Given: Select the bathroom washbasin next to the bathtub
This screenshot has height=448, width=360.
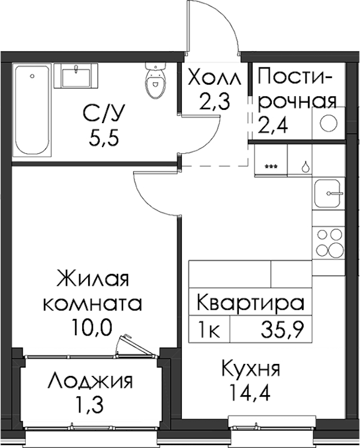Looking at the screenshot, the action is [x=76, y=76].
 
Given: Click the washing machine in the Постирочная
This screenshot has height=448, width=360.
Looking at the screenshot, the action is [x=328, y=124].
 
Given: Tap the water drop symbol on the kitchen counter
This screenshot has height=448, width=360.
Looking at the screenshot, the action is [x=305, y=166].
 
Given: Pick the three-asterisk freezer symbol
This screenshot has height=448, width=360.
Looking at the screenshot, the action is [x=271, y=166].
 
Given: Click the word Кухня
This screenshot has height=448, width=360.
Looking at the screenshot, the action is [x=251, y=369].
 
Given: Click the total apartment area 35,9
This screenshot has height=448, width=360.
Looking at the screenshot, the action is [x=281, y=329].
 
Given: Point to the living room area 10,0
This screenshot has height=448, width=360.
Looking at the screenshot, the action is [x=92, y=327].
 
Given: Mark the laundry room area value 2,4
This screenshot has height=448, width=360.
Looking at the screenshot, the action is [x=273, y=126].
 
